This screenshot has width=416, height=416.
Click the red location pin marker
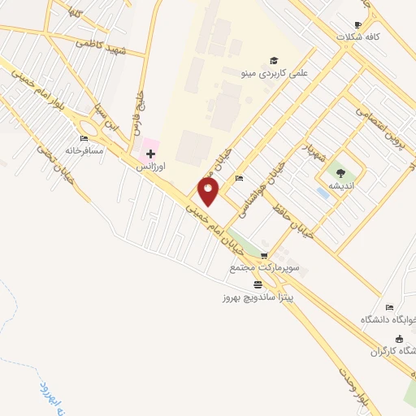209,192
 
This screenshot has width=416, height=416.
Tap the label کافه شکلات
362,37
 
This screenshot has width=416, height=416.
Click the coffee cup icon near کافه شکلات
358,24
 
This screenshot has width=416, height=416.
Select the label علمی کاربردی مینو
276,73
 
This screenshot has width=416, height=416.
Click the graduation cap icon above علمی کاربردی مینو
274,60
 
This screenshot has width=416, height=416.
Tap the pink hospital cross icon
150,152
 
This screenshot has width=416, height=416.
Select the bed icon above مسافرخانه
84,138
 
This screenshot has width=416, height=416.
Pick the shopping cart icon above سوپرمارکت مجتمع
263,255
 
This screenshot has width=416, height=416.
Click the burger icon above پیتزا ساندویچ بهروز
258,284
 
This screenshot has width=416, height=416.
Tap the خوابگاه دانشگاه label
388,320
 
